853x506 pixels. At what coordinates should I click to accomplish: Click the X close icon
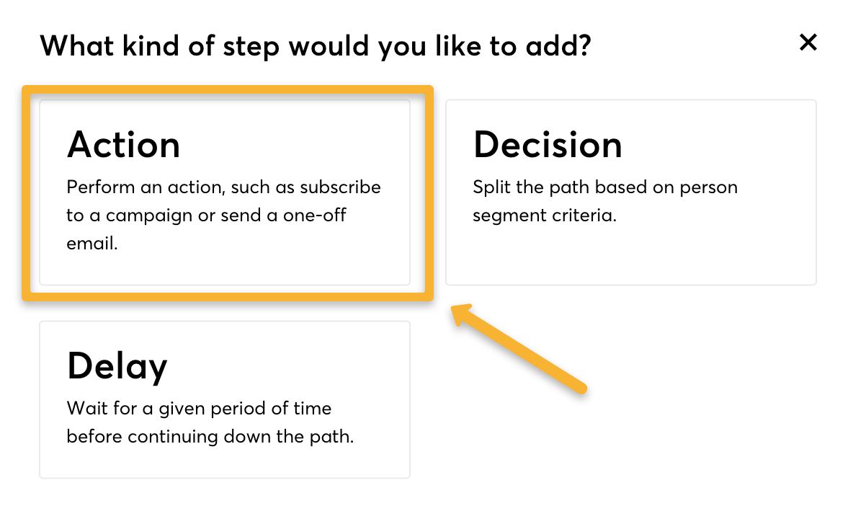808,42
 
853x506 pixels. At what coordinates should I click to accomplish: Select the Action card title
123,145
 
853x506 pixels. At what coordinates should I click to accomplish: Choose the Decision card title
548,145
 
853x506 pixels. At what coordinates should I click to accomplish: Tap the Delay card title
117,366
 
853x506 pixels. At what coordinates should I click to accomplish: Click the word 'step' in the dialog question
251,47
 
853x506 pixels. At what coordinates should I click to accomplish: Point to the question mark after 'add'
585,45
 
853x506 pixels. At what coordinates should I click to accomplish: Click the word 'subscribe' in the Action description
341,187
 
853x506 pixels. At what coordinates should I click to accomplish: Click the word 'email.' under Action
92,243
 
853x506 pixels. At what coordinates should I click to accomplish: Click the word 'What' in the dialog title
76,45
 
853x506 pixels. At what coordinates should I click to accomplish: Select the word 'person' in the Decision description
709,188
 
